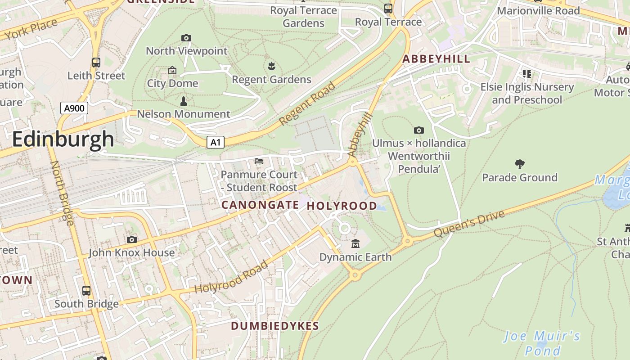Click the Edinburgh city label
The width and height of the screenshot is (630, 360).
pos(63,139)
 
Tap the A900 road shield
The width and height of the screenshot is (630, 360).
pos(74,108)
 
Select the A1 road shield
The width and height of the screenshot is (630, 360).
pos(216,143)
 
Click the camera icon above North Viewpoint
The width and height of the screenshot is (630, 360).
pos(186,38)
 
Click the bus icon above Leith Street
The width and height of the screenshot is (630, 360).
pos(96,63)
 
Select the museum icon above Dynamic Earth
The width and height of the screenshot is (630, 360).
pos(355,244)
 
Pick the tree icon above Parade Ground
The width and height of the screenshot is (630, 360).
pos(519,164)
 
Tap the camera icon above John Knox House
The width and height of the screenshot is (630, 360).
pos(131,239)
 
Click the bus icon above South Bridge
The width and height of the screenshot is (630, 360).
pos(86,291)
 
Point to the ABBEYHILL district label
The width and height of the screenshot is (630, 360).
pos(436,59)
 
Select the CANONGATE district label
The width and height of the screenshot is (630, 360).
pos(260,205)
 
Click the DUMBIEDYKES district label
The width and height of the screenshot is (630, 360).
pos(274,326)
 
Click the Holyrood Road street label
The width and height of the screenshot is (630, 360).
pos(231,277)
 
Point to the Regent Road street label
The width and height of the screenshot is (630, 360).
pos(307,104)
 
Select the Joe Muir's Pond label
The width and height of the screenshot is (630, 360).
pos(542,343)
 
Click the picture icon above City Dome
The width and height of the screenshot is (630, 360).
pos(172,70)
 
